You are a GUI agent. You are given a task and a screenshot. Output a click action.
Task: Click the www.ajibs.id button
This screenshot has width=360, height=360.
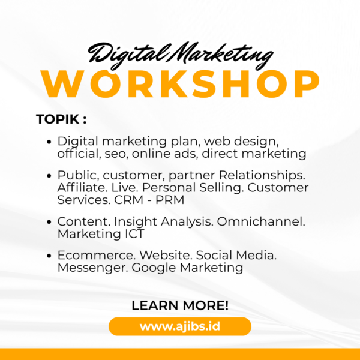pos(180,326)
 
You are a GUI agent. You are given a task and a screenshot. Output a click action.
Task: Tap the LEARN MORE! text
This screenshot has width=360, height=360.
pos(180,305)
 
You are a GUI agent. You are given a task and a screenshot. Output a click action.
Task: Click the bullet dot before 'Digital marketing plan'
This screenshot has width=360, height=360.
pos(49,143)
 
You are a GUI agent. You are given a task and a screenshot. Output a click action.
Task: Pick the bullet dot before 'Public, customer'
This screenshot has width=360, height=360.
pos(49,176)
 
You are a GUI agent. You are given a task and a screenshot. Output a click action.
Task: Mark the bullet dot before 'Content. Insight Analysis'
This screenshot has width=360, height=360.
pos(49,222)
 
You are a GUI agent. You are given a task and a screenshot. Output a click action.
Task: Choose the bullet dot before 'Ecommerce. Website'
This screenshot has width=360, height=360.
pos(49,256)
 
